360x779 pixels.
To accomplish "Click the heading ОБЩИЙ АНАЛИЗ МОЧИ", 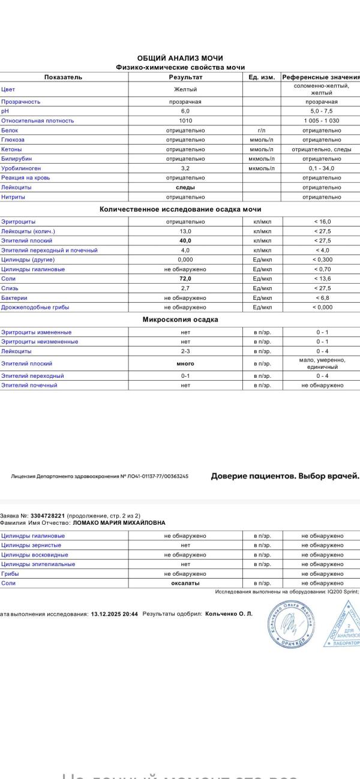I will (x=180, y=58).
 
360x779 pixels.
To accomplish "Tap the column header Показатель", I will (x=63, y=77).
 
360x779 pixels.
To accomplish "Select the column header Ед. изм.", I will (x=262, y=77).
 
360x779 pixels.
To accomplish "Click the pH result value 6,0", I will (x=185, y=111).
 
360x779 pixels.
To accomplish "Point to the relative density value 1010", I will (x=185, y=121).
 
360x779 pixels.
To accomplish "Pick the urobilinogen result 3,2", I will (x=185, y=169).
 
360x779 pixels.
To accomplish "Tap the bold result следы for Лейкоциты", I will (x=185, y=188).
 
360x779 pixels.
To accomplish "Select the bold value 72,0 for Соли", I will (x=185, y=279).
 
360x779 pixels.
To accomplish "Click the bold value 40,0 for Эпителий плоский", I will (x=185, y=240).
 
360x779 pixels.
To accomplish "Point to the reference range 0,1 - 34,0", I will (x=322, y=169).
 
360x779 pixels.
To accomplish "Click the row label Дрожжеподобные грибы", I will (x=35, y=308).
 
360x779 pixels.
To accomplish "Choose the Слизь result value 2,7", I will (x=185, y=288).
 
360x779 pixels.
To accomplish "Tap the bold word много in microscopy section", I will (x=185, y=363).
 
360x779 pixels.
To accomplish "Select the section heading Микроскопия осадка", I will (x=180, y=320).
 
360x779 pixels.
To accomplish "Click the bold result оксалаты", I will (x=185, y=584).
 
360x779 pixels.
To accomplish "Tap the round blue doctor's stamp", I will (x=290, y=624).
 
